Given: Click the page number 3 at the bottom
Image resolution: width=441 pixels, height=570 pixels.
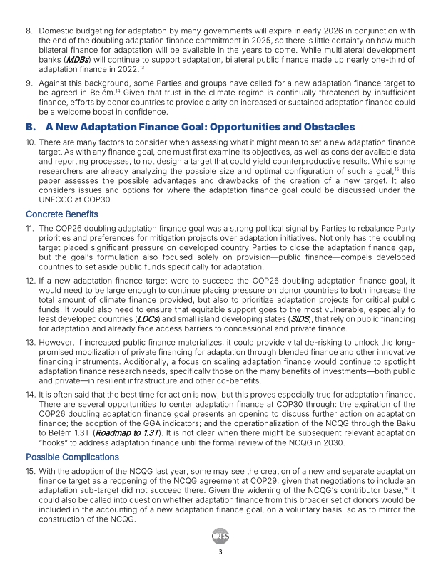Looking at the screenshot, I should (220, 551).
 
